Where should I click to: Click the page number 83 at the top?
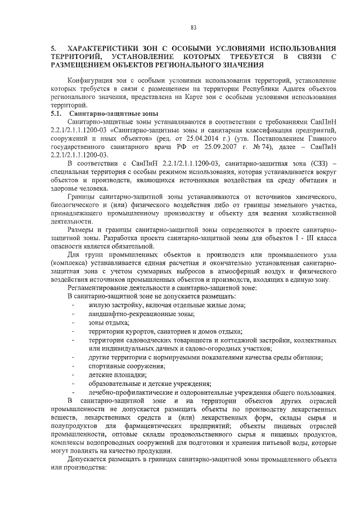click(193, 28)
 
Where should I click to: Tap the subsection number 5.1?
click(56, 114)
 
